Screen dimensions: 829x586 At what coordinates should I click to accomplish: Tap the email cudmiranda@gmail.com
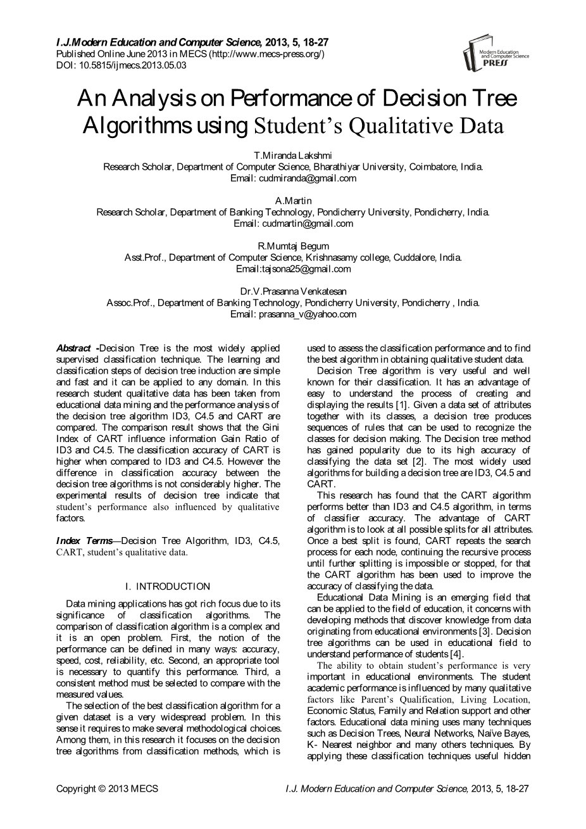point(306,178)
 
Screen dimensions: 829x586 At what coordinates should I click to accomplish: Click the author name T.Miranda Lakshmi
point(293,155)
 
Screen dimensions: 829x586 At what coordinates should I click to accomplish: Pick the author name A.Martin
point(293,201)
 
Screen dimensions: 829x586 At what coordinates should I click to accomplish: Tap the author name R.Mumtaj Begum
point(293,246)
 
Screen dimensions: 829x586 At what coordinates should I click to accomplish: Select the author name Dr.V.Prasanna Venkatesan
point(293,291)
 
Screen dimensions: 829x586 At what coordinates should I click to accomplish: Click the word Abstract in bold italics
point(73,348)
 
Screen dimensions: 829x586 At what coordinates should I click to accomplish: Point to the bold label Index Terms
point(84,541)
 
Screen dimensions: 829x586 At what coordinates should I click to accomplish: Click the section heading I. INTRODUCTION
point(168,586)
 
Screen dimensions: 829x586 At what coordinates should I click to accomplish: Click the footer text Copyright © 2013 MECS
point(107,789)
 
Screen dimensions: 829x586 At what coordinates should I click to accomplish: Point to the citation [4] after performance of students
point(456,654)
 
